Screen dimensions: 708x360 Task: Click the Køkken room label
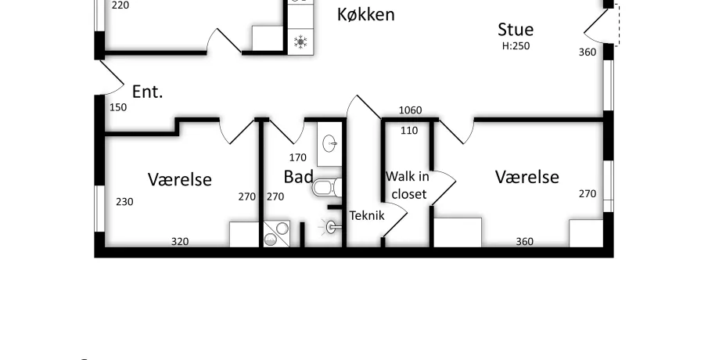click(366, 14)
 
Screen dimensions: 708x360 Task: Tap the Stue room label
click(516, 30)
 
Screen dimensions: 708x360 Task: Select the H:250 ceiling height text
click(516, 45)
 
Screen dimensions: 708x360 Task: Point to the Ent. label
click(147, 92)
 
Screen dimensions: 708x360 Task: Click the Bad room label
click(299, 177)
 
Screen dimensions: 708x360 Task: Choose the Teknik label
click(367, 215)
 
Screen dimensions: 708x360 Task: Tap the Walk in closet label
click(408, 185)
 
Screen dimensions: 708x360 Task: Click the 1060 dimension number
click(411, 110)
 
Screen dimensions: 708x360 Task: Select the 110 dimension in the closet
click(409, 131)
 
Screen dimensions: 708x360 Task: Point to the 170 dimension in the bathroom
click(297, 157)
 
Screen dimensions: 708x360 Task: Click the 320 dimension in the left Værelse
click(180, 242)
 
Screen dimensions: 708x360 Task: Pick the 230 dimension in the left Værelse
click(124, 201)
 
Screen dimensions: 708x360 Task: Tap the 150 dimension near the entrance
click(118, 107)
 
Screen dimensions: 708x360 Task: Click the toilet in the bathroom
click(326, 188)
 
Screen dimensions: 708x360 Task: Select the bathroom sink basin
click(329, 145)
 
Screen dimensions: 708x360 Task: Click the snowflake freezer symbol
click(300, 42)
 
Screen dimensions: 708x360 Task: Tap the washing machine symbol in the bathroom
click(276, 233)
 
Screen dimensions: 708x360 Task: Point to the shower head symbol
click(331, 227)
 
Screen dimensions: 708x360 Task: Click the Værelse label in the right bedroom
click(527, 177)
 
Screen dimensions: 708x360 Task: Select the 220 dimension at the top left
click(120, 5)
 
